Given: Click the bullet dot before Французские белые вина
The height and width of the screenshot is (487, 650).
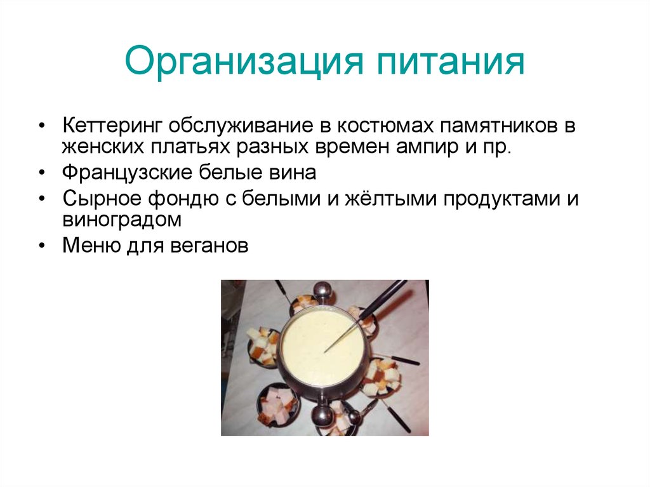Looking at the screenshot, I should (41, 173).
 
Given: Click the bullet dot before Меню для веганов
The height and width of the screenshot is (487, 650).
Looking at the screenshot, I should (41, 246).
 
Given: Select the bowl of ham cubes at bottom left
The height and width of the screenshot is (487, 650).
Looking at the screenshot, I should (277, 403).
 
